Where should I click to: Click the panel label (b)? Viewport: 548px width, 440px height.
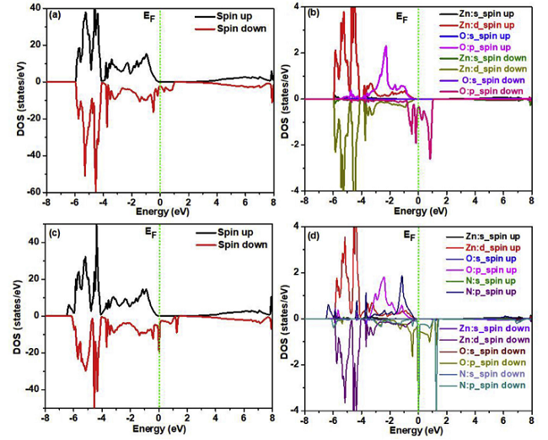pyautogui.click(x=315, y=14)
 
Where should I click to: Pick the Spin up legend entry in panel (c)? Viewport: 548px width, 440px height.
pyautogui.click(x=239, y=231)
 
